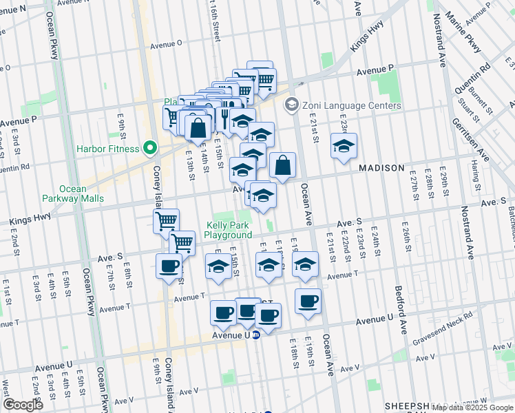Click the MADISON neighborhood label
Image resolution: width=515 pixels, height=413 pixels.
coord(381,168)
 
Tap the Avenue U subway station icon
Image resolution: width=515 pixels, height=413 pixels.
coord(255,335)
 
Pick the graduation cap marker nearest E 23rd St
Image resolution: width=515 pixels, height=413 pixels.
coord(344,147)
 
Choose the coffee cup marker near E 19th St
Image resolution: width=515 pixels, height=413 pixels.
coord(308,299)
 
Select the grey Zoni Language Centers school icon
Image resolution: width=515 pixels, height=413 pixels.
coord(291,105)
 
